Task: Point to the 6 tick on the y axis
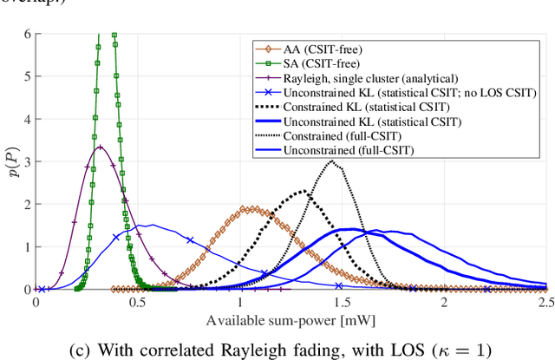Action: [x=26, y=35]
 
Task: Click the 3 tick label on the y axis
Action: [x=26, y=162]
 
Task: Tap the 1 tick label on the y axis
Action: [x=26, y=247]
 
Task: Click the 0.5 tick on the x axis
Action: [x=137, y=303]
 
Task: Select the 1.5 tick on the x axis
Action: [x=342, y=303]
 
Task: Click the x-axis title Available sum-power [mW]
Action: [x=291, y=319]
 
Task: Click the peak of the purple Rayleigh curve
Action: [x=101, y=147]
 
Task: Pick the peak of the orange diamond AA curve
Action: [x=249, y=209]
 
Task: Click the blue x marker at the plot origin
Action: [x=41, y=289]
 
